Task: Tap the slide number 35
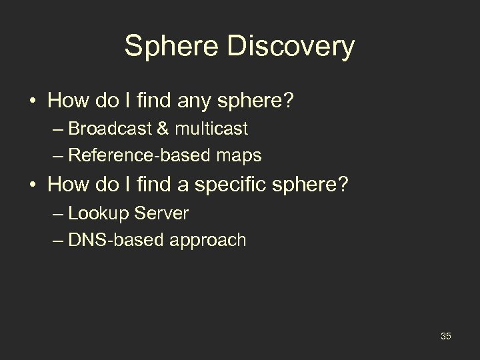(445, 336)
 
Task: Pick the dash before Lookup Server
(59, 214)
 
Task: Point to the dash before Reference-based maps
(59, 156)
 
